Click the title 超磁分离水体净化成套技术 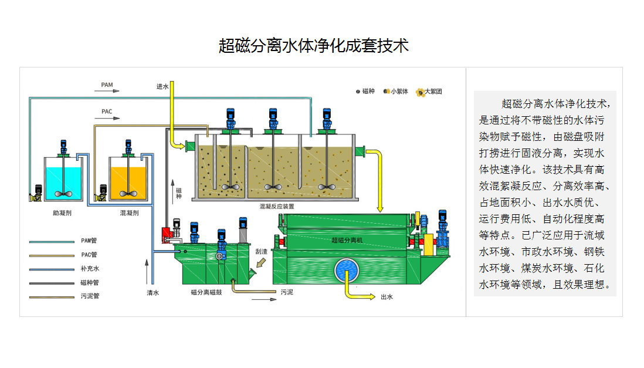(313, 46)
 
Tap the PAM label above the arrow (107, 85)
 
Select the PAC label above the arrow (107, 112)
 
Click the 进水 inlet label (162, 86)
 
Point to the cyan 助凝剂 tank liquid (62, 181)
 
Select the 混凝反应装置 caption (277, 207)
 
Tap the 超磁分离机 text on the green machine (347, 240)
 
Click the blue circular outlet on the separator (349, 272)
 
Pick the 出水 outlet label (387, 297)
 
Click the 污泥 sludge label (286, 292)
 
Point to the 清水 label (153, 292)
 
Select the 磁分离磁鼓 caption (206, 292)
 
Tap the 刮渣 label (261, 251)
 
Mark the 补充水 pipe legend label (90, 269)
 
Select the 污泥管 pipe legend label (90, 296)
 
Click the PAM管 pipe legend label (90, 241)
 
